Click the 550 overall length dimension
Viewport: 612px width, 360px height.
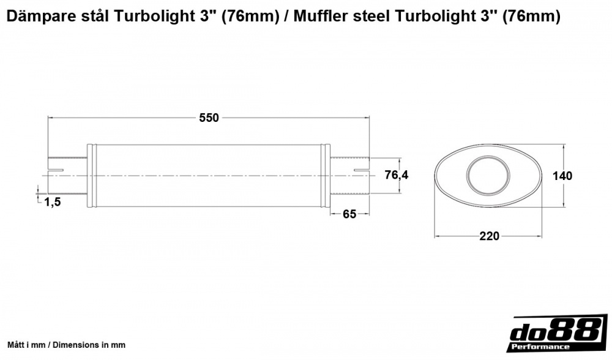pos(209,118)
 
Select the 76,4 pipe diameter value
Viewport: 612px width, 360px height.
pos(396,175)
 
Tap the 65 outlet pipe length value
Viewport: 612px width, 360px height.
pos(349,214)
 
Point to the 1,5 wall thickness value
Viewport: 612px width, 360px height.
pos(53,203)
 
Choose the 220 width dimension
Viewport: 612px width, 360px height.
pos(489,236)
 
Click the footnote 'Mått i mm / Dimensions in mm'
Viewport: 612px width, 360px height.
pos(66,345)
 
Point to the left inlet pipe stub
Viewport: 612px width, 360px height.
pos(67,176)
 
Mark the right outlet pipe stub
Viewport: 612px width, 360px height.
pos(350,176)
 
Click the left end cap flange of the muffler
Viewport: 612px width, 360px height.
pos(91,176)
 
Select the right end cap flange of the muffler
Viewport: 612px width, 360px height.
pos(326,176)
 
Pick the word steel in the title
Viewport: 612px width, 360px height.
pos(370,17)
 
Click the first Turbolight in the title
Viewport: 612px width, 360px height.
pos(158,17)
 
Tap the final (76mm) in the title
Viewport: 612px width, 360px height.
pos(531,17)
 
